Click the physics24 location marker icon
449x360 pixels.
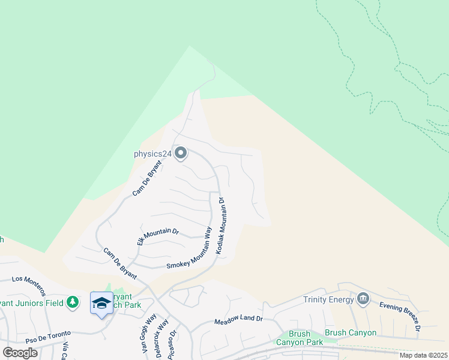point(180,153)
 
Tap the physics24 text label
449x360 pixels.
point(152,154)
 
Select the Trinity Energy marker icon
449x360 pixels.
point(363,299)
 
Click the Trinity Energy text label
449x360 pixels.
point(329,299)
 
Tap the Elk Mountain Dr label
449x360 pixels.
point(158,236)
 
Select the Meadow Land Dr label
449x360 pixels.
point(238,320)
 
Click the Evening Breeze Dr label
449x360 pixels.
point(399,316)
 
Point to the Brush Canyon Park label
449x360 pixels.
point(299,338)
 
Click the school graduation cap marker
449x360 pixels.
point(101,302)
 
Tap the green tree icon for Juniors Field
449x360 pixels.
point(73,302)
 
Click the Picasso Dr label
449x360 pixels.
point(174,343)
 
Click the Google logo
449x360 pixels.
point(20,353)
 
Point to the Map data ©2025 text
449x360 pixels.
point(423,355)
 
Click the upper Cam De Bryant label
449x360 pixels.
point(147,178)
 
